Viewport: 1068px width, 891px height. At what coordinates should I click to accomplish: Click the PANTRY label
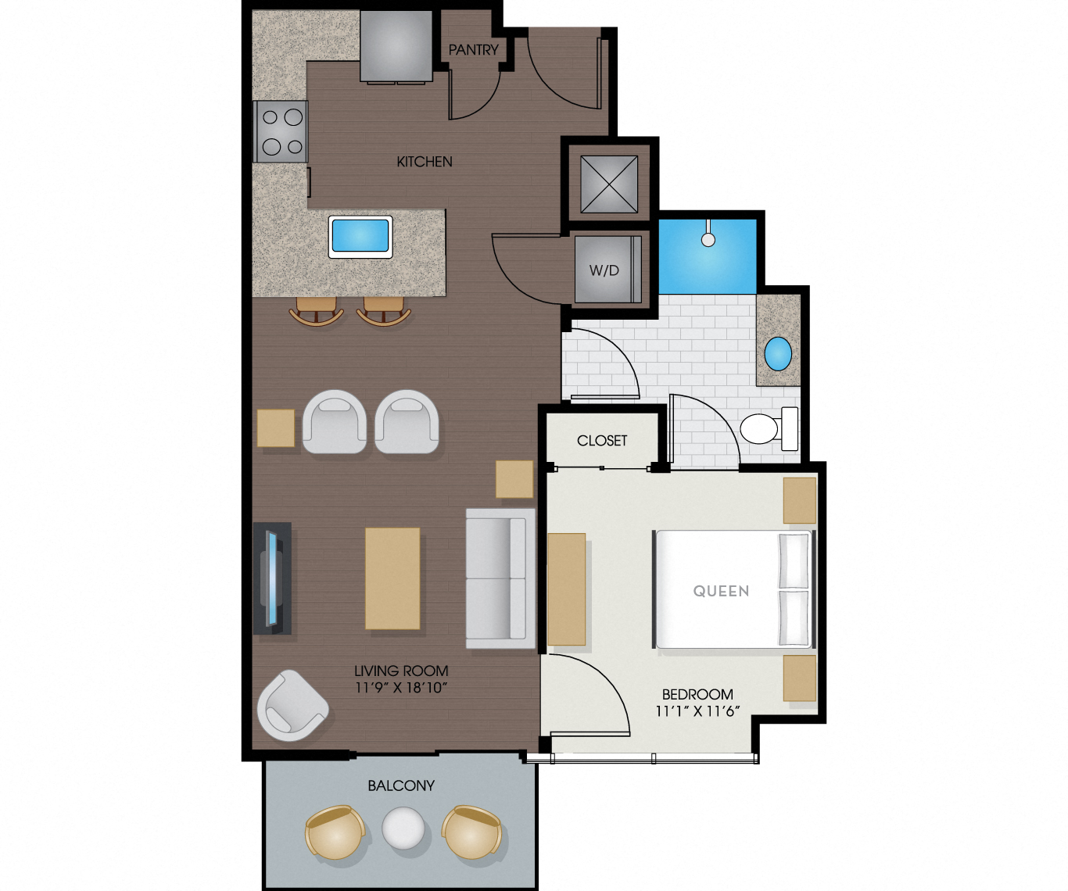pos(473,50)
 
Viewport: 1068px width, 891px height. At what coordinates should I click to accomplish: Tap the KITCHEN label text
pos(425,162)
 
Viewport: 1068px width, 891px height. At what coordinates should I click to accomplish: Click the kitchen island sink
pos(360,235)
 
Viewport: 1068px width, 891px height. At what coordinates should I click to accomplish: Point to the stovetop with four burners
pos(281,131)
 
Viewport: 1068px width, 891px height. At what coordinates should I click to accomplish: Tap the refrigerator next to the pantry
pos(396,46)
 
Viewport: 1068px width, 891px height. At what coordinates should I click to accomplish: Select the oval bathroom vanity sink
pos(778,353)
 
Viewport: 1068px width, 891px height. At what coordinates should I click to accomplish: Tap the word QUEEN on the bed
pos(721,591)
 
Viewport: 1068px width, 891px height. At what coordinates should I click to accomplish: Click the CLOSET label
pos(602,441)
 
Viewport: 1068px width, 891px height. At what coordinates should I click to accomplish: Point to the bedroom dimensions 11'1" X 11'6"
pos(697,710)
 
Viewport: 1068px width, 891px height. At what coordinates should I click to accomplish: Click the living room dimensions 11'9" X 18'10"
pos(401,688)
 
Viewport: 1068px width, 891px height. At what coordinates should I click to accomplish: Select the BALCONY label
pos(401,785)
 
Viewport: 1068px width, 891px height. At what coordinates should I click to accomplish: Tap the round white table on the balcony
pos(403,828)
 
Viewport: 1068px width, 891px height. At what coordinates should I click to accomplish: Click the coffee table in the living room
pos(392,578)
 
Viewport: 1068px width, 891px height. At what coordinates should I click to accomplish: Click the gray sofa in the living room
pos(500,578)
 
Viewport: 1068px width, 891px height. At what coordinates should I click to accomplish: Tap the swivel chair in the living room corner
pos(291,706)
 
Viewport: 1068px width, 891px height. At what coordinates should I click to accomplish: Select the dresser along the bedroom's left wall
pos(567,589)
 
